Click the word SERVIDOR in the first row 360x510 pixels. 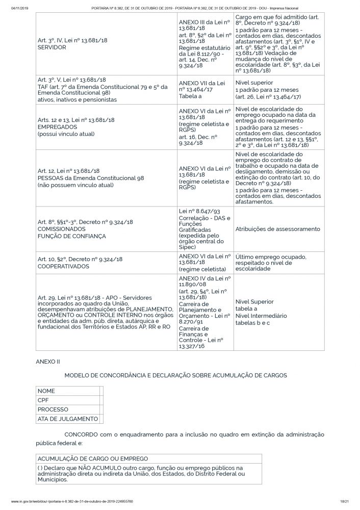[x=52, y=46]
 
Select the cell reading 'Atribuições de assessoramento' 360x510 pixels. [x=277, y=229]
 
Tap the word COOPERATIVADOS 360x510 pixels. [x=64, y=266]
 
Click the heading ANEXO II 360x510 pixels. [x=48, y=361]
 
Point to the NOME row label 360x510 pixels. [x=46, y=391]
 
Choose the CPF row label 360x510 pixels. [x=43, y=400]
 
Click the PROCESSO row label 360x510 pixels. [x=53, y=410]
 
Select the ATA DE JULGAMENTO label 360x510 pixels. [x=68, y=419]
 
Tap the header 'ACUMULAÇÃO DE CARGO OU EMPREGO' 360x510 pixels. [x=93, y=458]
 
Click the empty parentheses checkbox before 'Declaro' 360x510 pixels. [x=40, y=467]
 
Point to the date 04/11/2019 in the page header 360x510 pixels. [x=19, y=8]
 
